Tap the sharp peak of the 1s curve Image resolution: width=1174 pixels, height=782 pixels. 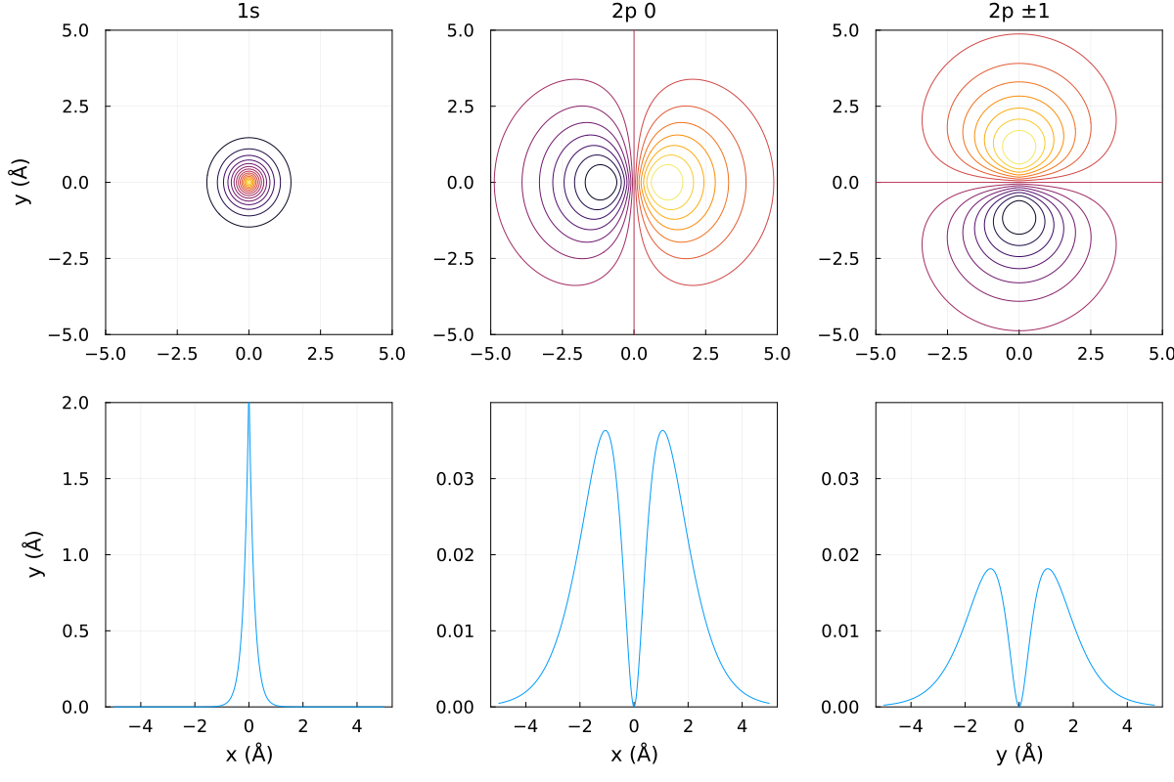(x=248, y=405)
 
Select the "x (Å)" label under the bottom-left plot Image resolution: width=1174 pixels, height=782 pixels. (x=248, y=753)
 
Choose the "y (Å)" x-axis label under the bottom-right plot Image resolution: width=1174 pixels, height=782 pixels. (x=1019, y=753)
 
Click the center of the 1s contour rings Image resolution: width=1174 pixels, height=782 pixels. (x=248, y=182)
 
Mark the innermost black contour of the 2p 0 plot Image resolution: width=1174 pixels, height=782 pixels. (x=601, y=182)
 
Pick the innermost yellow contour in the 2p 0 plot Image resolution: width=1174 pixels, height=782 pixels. (x=668, y=182)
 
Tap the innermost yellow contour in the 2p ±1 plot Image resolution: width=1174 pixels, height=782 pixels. (x=1019, y=147)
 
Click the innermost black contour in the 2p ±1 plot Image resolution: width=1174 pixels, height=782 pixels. (x=1019, y=217)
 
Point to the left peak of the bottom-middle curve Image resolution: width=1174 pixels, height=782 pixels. (x=606, y=431)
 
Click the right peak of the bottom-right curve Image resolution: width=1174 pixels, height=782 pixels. (x=1048, y=569)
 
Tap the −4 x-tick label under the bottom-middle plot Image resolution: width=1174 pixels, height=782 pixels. (x=526, y=726)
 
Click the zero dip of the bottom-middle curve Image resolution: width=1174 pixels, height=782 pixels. (x=634, y=705)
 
